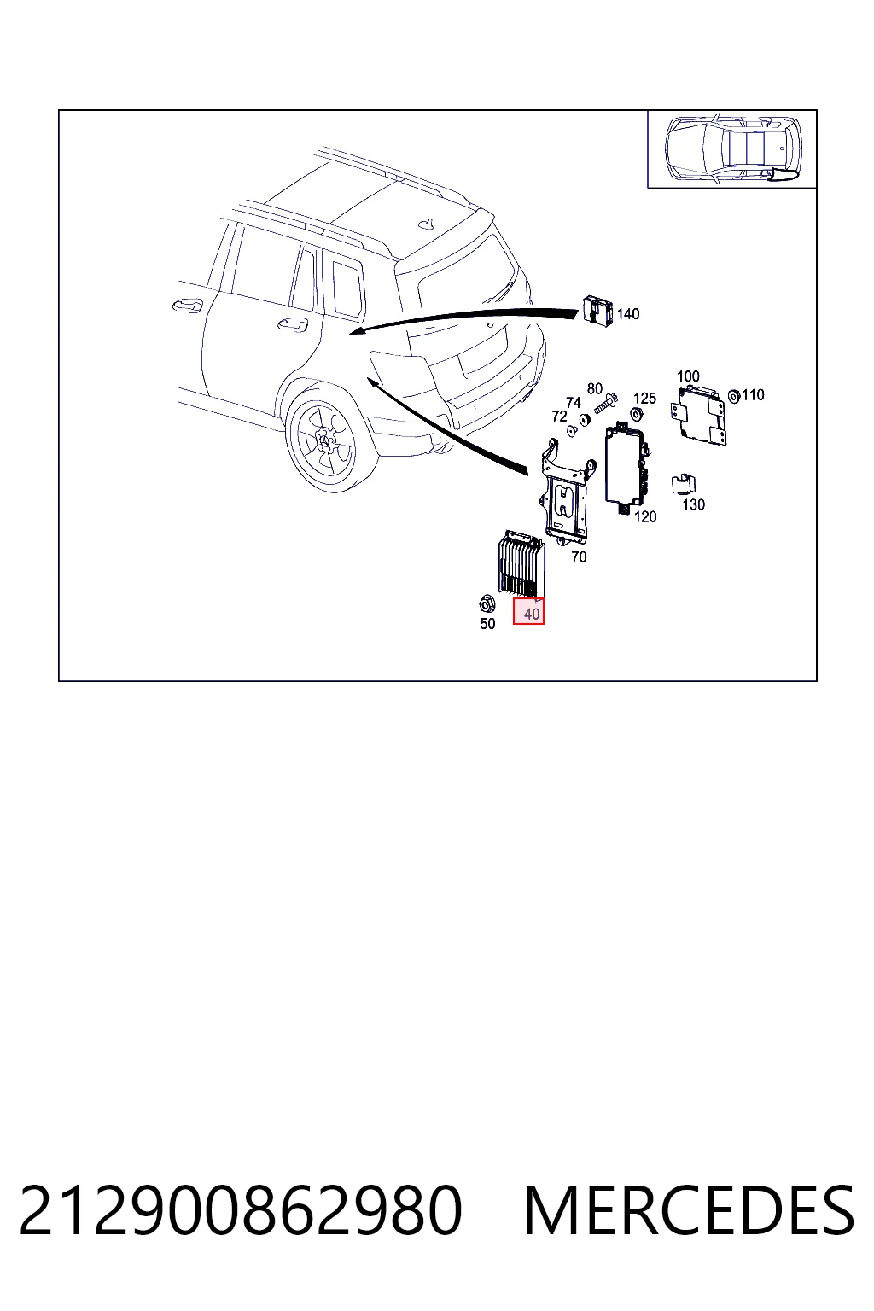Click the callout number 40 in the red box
532,614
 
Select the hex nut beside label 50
487,603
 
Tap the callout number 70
579,557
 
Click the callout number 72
559,417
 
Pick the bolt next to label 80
606,404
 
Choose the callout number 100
688,376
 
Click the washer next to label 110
733,396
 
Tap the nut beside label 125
637,414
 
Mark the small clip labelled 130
683,484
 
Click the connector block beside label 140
597,311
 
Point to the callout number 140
628,314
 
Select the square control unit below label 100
700,416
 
